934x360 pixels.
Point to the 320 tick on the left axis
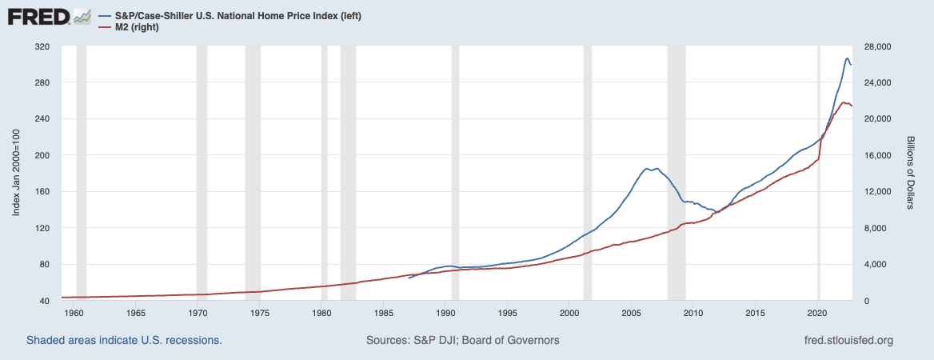[42, 47]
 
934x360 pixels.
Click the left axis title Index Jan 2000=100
[16, 174]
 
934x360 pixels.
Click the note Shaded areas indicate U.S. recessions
[124, 340]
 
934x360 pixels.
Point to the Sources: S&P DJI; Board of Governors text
[462, 340]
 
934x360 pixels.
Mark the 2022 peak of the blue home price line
[847, 58]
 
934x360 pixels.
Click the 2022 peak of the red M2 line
[844, 102]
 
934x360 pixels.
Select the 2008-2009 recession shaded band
[677, 174]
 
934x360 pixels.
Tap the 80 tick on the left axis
[44, 265]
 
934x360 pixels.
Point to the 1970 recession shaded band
[202, 174]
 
